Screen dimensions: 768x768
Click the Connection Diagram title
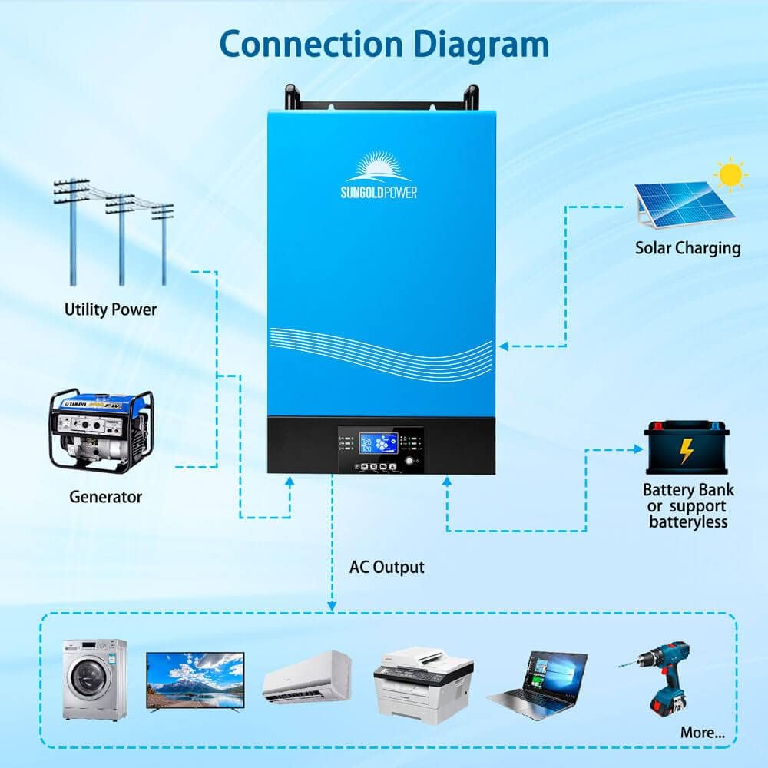tap(384, 45)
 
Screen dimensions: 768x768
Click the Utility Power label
tap(111, 310)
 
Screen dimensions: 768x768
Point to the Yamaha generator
tap(101, 429)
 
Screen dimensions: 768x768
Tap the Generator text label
tap(106, 497)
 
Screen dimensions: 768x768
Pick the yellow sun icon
tap(730, 176)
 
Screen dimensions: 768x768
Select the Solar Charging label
tap(687, 248)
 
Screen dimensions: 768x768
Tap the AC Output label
tap(387, 568)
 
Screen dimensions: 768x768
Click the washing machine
tap(94, 679)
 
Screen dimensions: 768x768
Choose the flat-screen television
tap(195, 680)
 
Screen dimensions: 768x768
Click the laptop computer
tap(537, 684)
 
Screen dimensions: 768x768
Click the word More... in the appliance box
tap(702, 733)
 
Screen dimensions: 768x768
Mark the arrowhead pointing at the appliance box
tap(332, 606)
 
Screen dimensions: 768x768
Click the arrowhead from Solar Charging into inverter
tap(504, 346)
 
